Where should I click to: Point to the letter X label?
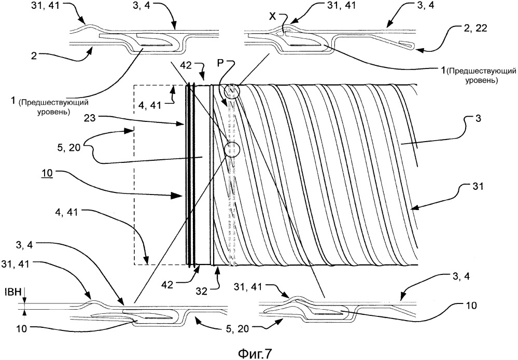pos(272,16)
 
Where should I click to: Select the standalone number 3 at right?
pos(479,119)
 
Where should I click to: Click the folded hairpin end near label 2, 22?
pos(406,45)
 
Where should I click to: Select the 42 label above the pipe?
pos(186,65)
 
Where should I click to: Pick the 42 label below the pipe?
pos(168,284)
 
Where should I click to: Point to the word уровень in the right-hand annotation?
pos(481,80)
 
